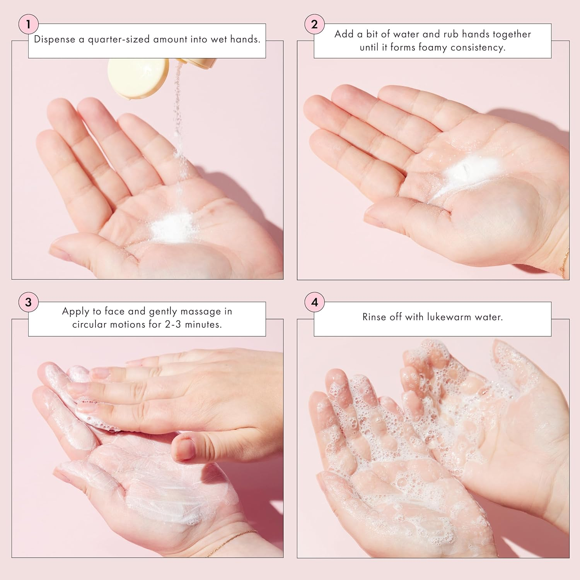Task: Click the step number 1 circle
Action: pos(28,24)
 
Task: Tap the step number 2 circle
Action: pos(314,24)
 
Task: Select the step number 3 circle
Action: pos(28,302)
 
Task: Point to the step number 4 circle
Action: pos(314,302)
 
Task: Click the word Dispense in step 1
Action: pos(54,39)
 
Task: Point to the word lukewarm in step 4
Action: pos(449,317)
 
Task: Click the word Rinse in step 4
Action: pos(374,317)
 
